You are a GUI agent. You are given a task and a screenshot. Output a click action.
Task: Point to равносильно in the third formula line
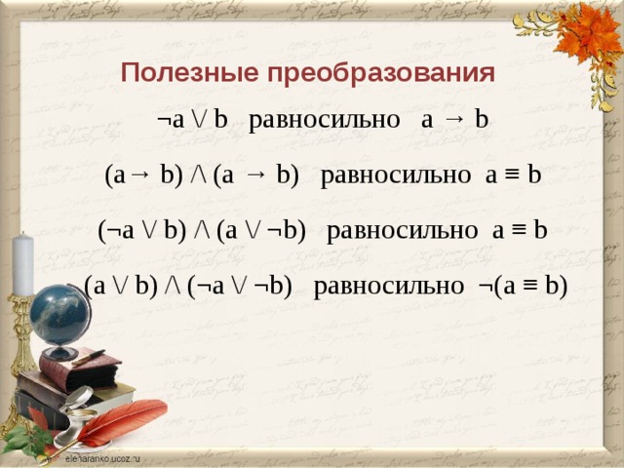(x=402, y=231)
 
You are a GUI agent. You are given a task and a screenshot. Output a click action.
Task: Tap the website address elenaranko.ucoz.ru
(x=102, y=456)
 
